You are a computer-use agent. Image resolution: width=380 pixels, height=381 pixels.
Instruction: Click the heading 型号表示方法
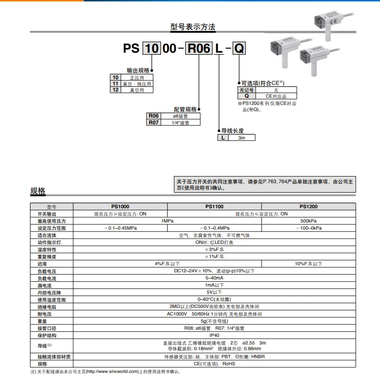192,27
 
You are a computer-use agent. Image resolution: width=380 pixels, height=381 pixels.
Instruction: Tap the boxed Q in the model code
239,48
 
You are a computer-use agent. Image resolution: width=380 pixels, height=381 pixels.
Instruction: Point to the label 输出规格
138,69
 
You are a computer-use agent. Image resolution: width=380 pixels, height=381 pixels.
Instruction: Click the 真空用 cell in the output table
136,90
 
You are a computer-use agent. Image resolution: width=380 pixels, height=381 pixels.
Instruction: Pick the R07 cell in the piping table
153,122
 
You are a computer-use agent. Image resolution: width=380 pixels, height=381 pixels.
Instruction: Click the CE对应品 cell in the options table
276,96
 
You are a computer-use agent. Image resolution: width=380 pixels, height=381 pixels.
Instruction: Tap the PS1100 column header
214,207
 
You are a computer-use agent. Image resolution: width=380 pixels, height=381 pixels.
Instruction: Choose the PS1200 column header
308,207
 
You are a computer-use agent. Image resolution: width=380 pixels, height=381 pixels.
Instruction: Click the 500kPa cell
308,221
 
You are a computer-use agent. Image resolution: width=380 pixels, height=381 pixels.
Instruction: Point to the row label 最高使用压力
51,221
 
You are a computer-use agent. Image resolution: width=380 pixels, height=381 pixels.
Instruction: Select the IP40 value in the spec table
214,335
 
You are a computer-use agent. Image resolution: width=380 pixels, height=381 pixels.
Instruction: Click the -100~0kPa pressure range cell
308,228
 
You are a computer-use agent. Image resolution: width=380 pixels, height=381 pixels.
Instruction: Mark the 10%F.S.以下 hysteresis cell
308,264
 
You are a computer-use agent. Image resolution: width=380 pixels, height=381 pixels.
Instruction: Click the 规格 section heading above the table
38,191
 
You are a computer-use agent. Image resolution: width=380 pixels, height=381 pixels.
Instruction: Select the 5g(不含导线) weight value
214,321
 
